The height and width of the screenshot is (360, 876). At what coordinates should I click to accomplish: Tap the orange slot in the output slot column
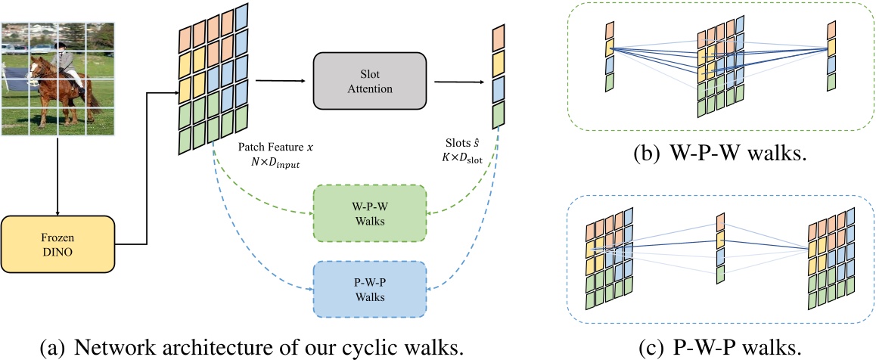[498, 38]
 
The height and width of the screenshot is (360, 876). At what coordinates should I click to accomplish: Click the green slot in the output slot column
[498, 115]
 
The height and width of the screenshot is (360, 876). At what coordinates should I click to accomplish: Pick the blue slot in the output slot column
[498, 89]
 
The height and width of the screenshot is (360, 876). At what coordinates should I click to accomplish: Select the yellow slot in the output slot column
[498, 64]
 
